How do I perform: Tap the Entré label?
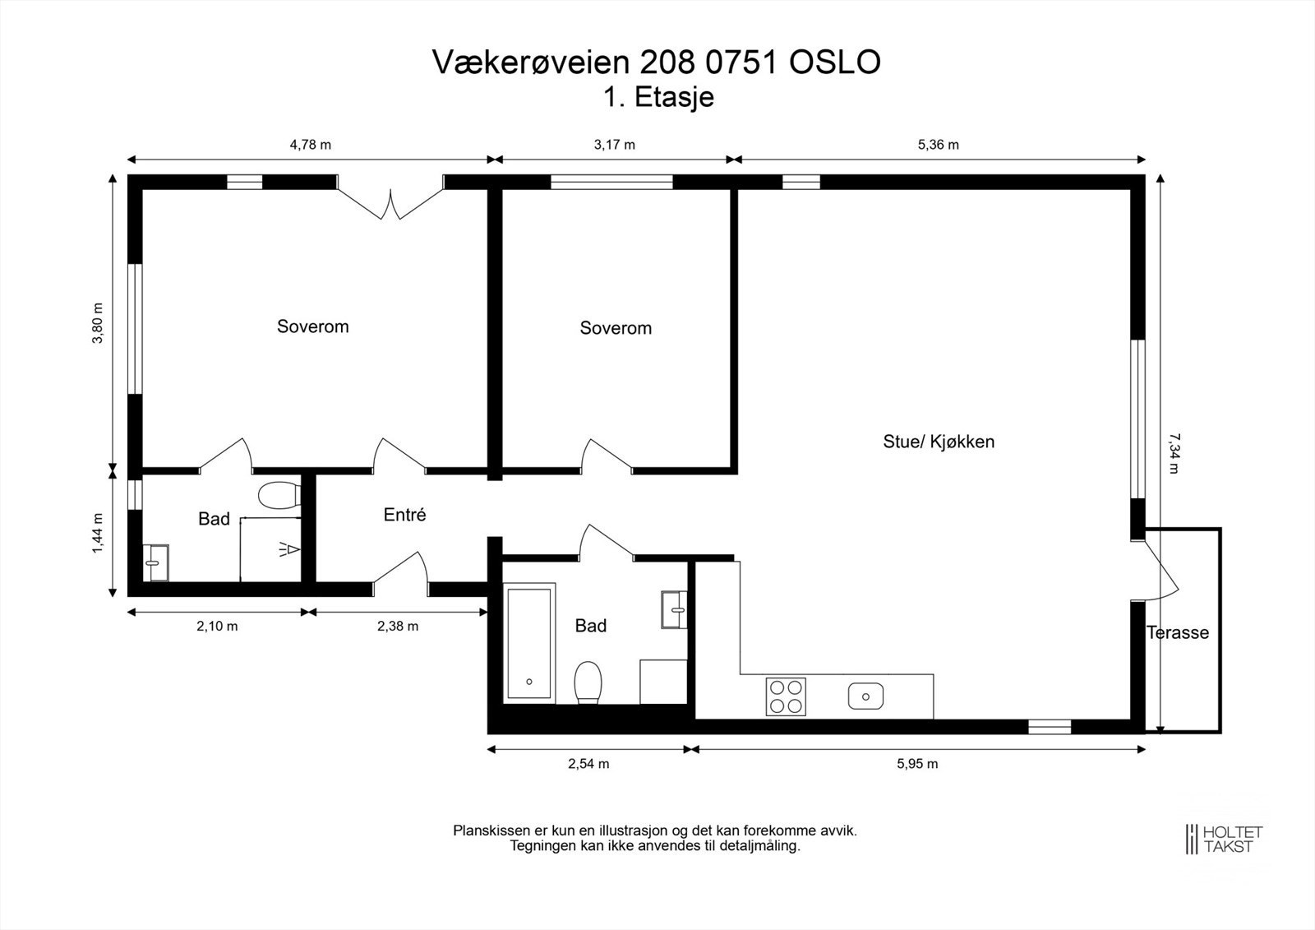coord(404,515)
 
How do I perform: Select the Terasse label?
coord(1178,632)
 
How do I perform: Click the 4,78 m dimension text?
coord(310,145)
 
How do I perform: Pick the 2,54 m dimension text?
coord(588,763)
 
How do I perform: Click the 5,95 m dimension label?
coord(917,763)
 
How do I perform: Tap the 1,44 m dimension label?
coord(98,533)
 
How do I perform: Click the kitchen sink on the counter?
coord(865,696)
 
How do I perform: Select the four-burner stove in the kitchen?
coord(785,696)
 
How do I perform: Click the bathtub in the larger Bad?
coord(529,642)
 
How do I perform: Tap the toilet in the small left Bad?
coord(278,496)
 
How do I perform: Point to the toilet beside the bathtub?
coord(588,682)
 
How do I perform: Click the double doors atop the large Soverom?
coord(390,202)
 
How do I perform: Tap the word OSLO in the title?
coord(835,62)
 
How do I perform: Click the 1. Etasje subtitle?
coord(657,97)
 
